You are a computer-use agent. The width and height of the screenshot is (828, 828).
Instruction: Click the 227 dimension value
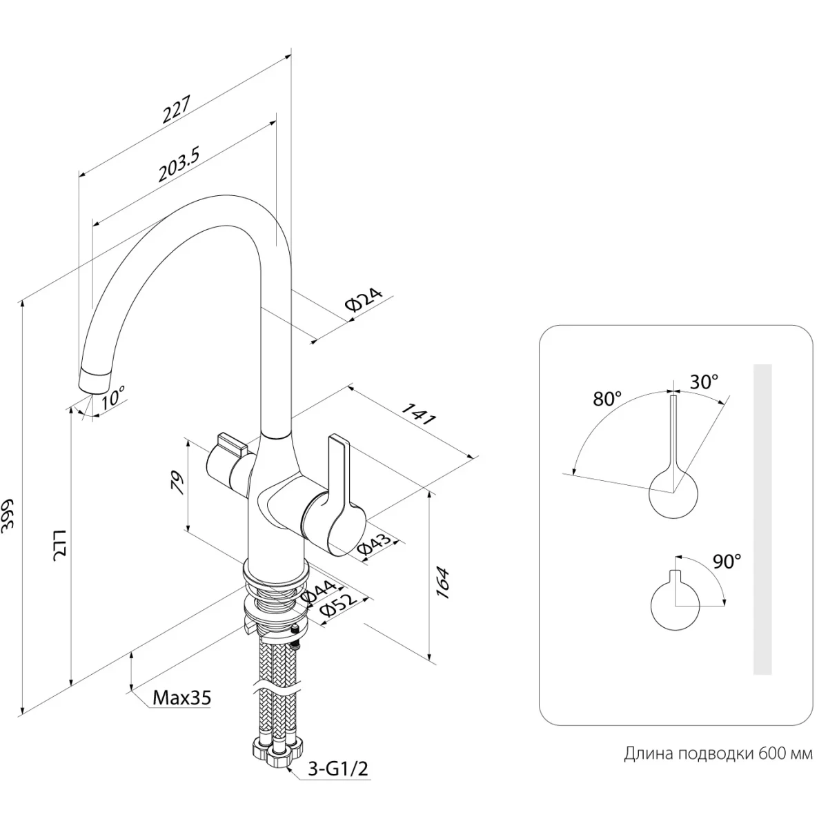[x=176, y=108]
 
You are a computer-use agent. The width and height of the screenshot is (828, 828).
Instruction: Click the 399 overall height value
[x=10, y=513]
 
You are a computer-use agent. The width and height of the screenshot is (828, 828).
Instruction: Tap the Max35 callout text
[x=181, y=698]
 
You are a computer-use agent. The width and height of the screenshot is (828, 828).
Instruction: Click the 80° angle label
[x=607, y=399]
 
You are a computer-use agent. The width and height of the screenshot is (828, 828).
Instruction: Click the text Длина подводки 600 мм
[x=718, y=753]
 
